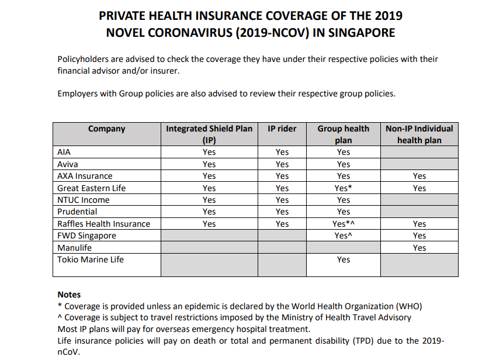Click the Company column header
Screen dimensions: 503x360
(x=106, y=129)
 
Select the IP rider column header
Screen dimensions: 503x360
(x=282, y=129)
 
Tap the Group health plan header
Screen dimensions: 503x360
(x=344, y=134)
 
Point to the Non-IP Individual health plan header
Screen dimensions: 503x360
(x=419, y=134)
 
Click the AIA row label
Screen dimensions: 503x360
(x=64, y=152)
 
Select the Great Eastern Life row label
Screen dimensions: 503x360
(x=91, y=188)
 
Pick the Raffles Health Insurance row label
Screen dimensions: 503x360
(x=103, y=224)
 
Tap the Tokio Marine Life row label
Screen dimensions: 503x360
(x=91, y=259)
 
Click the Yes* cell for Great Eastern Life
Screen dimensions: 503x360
(x=344, y=188)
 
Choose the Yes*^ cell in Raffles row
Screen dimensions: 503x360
(x=344, y=224)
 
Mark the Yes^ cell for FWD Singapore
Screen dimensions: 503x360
(x=344, y=236)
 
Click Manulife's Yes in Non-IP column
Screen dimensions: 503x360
(x=419, y=248)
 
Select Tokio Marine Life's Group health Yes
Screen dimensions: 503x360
(x=344, y=259)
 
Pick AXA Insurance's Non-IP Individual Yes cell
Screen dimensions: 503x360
(x=419, y=176)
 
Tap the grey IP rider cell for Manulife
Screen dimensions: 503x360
(x=282, y=248)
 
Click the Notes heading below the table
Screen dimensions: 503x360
(x=69, y=295)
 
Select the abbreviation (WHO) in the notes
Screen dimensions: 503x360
(x=410, y=306)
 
